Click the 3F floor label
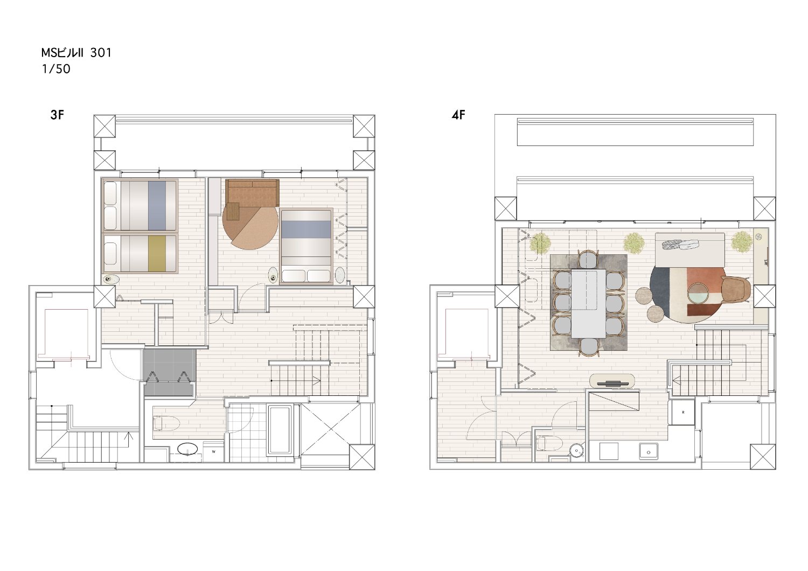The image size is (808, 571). (x=57, y=115)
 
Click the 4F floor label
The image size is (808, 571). (x=458, y=115)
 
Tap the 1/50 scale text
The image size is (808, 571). (x=56, y=69)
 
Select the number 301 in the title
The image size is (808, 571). (x=101, y=53)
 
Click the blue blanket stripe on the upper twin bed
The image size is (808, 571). (x=157, y=205)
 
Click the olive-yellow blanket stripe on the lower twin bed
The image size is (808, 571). (x=157, y=253)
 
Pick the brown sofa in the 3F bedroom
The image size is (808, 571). (x=253, y=193)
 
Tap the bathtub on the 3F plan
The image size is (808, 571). (x=280, y=429)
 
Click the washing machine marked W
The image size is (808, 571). (x=213, y=451)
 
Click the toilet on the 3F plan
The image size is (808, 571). (x=166, y=423)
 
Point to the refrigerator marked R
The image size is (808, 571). (x=683, y=412)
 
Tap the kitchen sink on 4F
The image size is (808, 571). (x=649, y=451)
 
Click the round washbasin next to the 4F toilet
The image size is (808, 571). (x=577, y=450)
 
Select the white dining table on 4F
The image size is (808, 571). (x=588, y=303)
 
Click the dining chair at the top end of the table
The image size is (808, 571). (x=588, y=259)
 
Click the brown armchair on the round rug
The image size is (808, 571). (x=735, y=289)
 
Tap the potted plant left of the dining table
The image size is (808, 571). (x=540, y=243)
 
